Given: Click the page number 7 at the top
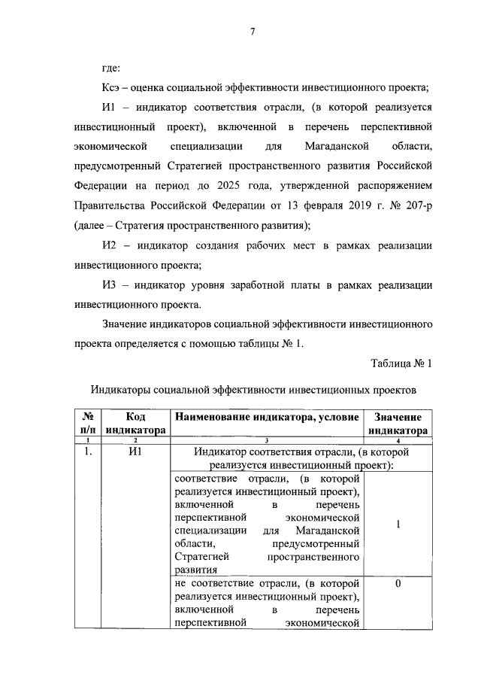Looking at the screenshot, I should point(253,31).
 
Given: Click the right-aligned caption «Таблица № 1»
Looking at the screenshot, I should point(402,363).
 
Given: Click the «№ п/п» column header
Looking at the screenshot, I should point(88,423).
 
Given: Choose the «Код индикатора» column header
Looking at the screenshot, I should point(135,423).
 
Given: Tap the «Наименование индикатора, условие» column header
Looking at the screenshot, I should point(267,417).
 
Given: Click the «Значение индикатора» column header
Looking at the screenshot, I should point(398,423).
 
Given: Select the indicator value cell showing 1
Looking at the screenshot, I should point(398,524).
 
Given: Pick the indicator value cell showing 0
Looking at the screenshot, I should point(398,584).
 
